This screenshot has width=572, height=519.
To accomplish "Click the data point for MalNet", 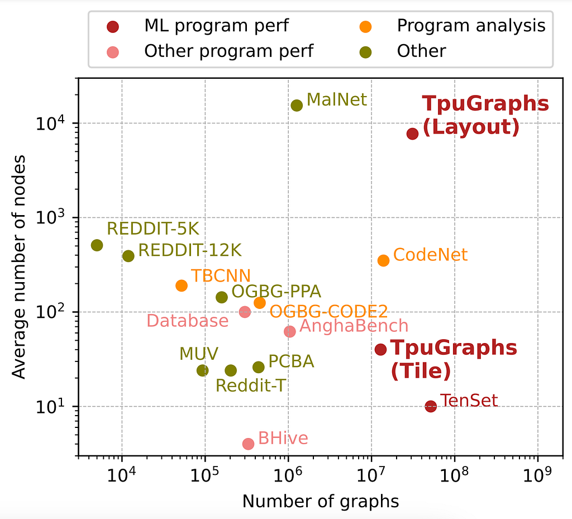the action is (297, 106).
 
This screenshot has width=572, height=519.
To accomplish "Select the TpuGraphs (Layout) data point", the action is (412, 134).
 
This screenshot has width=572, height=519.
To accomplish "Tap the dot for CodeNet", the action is (383, 260).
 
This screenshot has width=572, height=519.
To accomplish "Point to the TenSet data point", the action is (431, 406).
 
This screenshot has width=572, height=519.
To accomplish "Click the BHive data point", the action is (249, 444).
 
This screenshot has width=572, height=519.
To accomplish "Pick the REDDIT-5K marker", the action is (97, 245).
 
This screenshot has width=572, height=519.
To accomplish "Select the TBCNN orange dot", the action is (182, 285).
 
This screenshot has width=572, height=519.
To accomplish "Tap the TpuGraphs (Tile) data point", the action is (380, 349).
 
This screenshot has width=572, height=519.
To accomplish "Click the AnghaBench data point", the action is (290, 331).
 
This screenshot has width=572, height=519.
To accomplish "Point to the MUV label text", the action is (199, 354).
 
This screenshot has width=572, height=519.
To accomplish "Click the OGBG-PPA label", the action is (276, 291).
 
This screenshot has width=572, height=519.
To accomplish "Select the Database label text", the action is (188, 321).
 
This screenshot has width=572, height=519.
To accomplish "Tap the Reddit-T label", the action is (251, 385).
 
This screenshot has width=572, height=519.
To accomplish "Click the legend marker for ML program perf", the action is (113, 27).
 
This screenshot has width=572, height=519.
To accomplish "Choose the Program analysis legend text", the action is (471, 26).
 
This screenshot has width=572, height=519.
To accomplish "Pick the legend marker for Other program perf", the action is (113, 52).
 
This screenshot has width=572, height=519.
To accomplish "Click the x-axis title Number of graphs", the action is (321, 502).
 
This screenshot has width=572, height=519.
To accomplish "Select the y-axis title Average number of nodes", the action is (19, 267).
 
